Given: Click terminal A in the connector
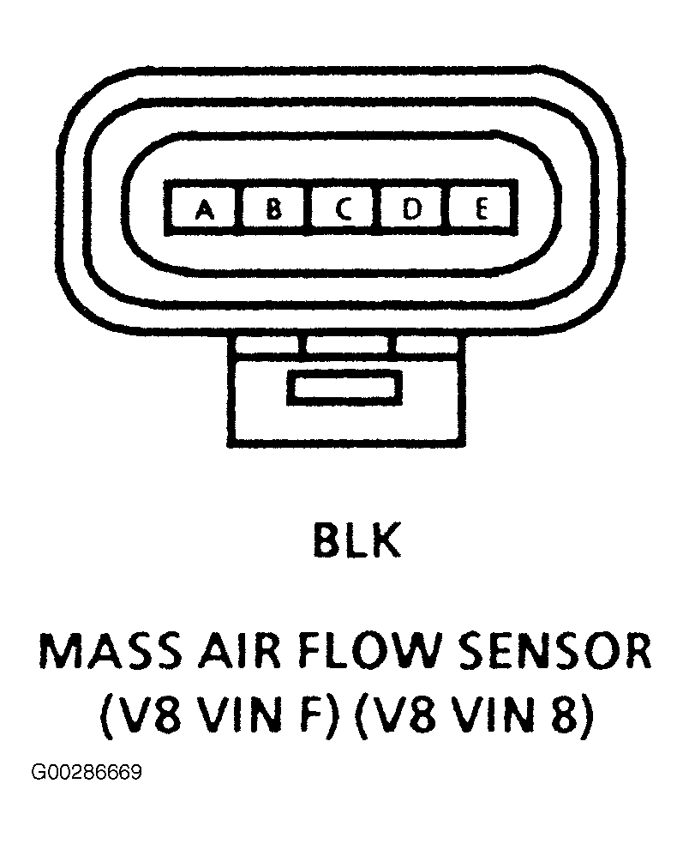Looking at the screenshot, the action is [x=204, y=208].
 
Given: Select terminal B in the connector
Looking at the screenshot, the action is [x=273, y=208].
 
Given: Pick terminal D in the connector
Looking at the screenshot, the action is [x=412, y=208].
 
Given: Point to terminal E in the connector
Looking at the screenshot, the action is [x=480, y=208].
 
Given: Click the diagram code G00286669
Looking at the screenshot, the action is [x=87, y=773].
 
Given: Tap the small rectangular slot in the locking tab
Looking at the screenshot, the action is [x=344, y=388].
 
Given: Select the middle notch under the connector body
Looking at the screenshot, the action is [x=347, y=345].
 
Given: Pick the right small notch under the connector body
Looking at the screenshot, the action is [x=427, y=345].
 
